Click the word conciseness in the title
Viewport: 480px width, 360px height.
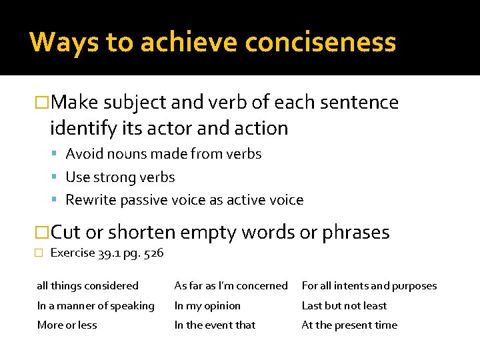[320, 42]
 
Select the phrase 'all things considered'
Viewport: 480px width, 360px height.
[87, 286]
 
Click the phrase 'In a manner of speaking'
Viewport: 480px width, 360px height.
[95, 306]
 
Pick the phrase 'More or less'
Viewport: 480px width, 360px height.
[67, 325]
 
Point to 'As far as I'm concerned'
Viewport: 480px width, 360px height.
[231, 286]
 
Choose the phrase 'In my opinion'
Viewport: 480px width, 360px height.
[207, 306]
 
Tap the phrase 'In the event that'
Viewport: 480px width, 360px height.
[215, 325]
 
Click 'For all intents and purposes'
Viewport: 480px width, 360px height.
[369, 286]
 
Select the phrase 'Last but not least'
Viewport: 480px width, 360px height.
[344, 306]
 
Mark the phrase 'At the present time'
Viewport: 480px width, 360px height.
[349, 325]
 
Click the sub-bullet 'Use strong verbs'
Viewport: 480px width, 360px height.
[120, 177]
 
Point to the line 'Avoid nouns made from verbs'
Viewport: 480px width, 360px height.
[163, 154]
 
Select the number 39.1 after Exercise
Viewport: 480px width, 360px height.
[105, 253]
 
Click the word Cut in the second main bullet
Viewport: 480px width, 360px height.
[67, 233]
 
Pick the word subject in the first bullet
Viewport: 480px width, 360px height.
[133, 103]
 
